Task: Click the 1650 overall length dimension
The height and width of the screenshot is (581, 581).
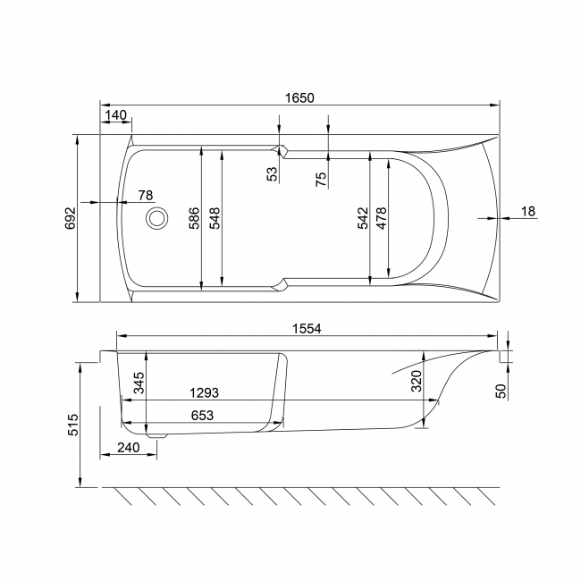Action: (x=299, y=97)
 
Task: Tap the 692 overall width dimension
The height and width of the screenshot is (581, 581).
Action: (x=70, y=218)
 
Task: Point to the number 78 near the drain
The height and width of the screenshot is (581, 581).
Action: (x=145, y=195)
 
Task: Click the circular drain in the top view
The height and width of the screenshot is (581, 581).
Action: (x=157, y=217)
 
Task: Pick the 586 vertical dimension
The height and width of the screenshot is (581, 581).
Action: (x=194, y=218)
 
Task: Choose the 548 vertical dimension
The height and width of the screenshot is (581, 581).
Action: (x=214, y=218)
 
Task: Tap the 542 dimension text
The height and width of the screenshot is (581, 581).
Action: (x=362, y=219)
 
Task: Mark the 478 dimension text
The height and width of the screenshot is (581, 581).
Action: (x=382, y=219)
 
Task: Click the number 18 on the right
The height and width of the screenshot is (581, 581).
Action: (x=527, y=211)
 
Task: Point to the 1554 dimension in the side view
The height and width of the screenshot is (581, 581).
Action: (x=307, y=329)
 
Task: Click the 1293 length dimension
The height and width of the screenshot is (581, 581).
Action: (x=205, y=392)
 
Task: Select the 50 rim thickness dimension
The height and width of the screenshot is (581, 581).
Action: (x=501, y=390)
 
